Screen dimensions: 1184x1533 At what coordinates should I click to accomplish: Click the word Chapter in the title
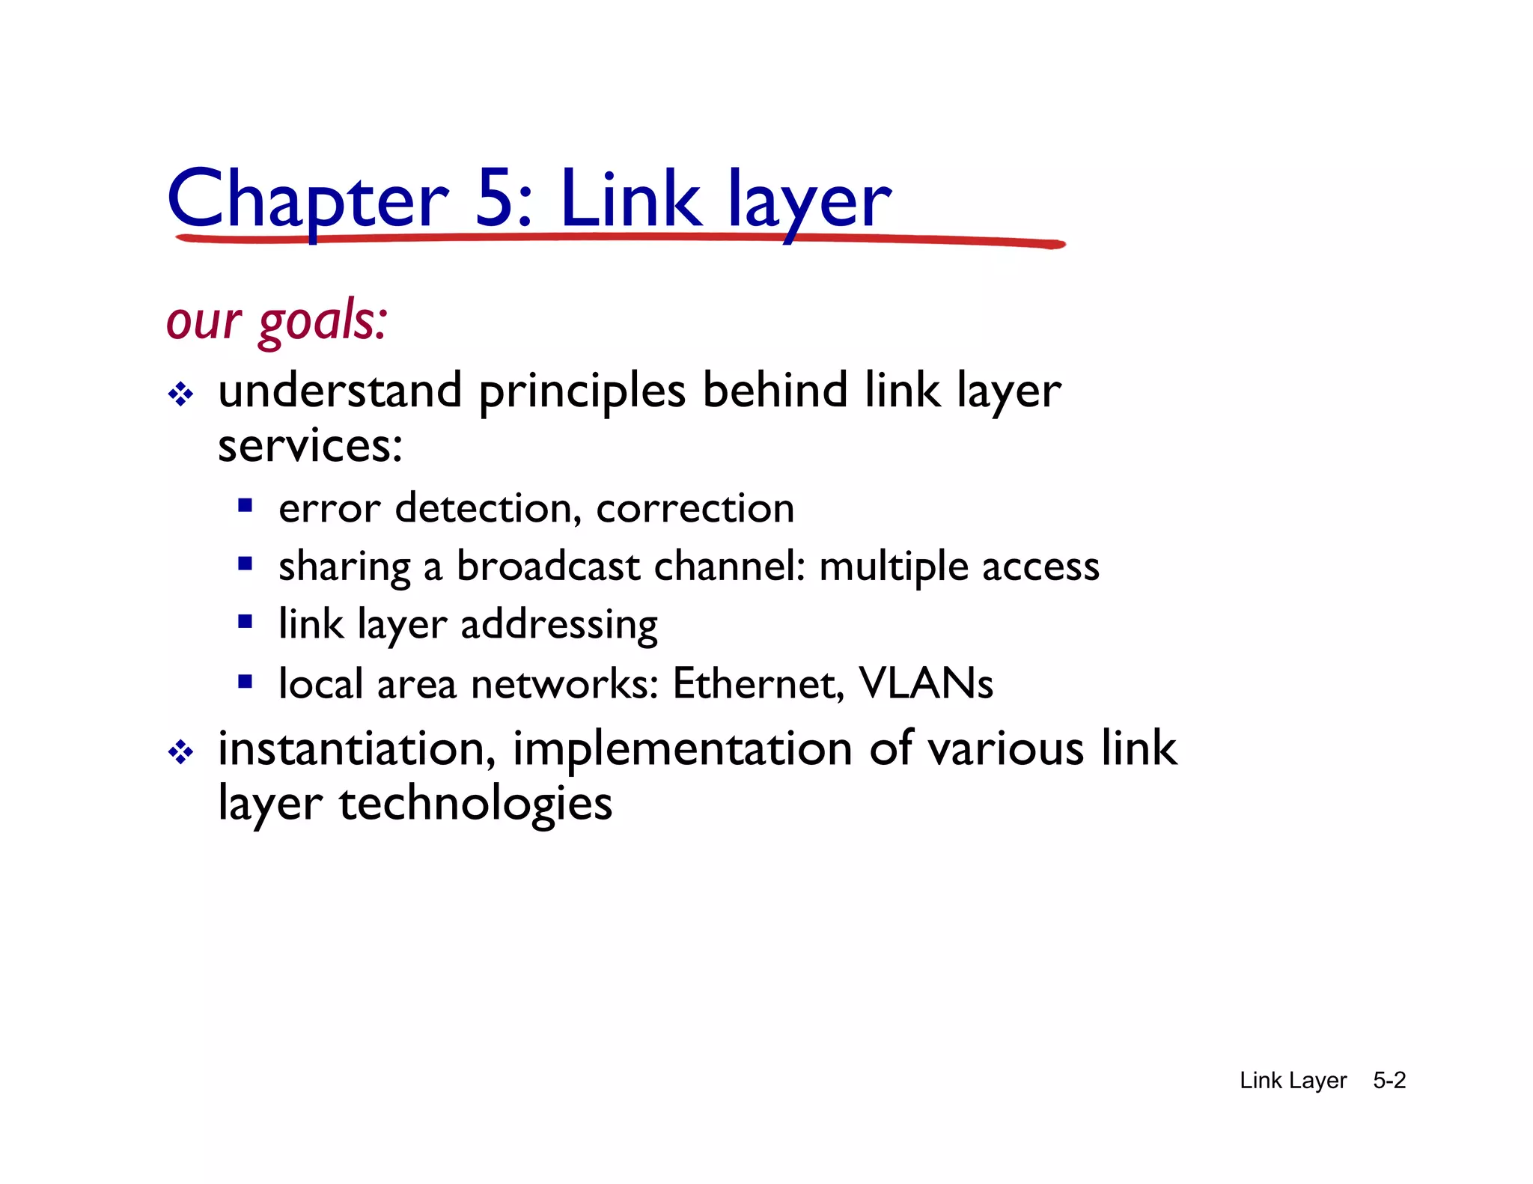(x=308, y=199)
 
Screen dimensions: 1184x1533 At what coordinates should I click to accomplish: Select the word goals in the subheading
(x=323, y=321)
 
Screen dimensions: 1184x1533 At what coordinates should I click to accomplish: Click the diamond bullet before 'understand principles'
(x=180, y=394)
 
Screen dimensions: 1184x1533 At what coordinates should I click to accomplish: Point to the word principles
(x=582, y=391)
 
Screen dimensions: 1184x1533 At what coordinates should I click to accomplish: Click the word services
(x=310, y=446)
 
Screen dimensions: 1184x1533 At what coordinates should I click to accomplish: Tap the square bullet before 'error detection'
(x=245, y=505)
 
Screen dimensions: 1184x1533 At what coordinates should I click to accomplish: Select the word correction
(x=695, y=508)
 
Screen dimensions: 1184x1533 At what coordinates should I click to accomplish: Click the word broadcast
(x=548, y=566)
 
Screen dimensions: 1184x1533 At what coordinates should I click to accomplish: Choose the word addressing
(x=559, y=625)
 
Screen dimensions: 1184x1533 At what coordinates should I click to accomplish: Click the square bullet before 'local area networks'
(x=245, y=682)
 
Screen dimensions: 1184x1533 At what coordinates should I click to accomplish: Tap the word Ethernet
(x=758, y=683)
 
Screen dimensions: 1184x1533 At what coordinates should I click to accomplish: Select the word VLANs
(x=925, y=683)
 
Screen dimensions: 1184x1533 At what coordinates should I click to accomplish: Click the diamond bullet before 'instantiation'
(x=180, y=751)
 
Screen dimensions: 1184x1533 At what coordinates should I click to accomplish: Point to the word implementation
(x=682, y=748)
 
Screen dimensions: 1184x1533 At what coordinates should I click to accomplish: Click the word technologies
(x=475, y=805)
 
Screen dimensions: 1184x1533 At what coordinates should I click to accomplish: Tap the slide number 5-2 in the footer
(x=1389, y=1080)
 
